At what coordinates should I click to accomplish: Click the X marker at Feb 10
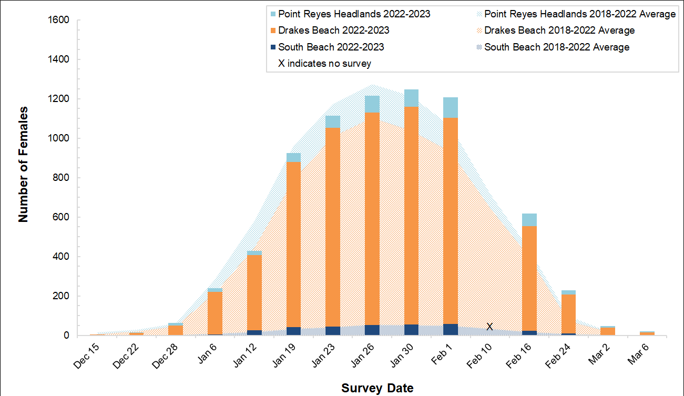pyautogui.click(x=489, y=327)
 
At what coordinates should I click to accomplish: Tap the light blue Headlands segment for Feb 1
pyautogui.click(x=451, y=107)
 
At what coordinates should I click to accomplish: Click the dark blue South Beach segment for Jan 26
pyautogui.click(x=372, y=330)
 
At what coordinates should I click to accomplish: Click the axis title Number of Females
pyautogui.click(x=24, y=164)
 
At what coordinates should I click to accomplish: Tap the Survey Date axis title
pyautogui.click(x=377, y=389)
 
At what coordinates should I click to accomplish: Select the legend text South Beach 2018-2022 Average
pyautogui.click(x=557, y=47)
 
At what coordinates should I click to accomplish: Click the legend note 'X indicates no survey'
pyautogui.click(x=324, y=64)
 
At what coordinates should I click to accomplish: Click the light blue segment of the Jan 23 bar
pyautogui.click(x=333, y=121)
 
